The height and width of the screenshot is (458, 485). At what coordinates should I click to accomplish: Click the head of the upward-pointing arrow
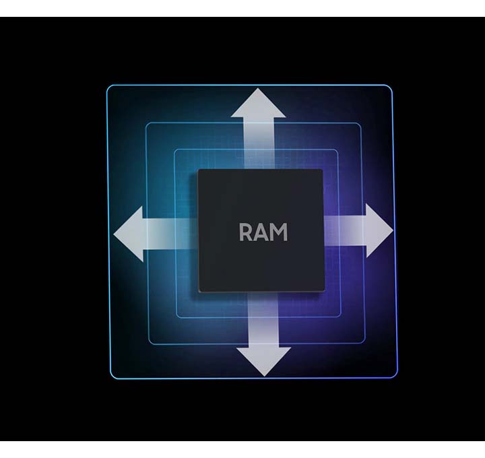(x=258, y=104)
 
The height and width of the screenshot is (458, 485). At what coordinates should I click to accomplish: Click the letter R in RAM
(x=247, y=232)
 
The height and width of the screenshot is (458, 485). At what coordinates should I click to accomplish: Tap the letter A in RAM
(x=263, y=232)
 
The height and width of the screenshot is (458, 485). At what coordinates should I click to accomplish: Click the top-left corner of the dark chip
(x=199, y=171)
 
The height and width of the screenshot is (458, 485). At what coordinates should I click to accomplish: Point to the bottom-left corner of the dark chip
(x=200, y=291)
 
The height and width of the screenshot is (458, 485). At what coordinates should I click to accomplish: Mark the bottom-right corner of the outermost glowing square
(x=395, y=376)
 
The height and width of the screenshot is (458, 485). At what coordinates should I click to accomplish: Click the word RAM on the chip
(x=263, y=232)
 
